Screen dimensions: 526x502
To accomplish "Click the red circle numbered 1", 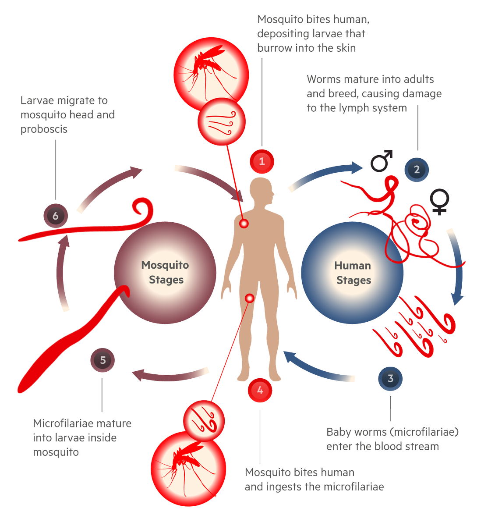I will click(x=262, y=161).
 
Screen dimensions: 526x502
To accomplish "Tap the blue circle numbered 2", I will click(x=417, y=170).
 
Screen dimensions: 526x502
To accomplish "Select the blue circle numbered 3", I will click(x=390, y=379).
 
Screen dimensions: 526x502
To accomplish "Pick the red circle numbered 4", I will click(x=260, y=390).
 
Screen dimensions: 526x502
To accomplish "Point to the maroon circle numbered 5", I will click(x=103, y=360).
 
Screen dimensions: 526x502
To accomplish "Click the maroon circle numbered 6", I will click(x=56, y=216).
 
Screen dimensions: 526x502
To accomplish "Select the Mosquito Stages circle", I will click(x=165, y=272).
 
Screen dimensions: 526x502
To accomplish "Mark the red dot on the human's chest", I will click(x=244, y=224).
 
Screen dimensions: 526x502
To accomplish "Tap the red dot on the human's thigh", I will click(x=250, y=299).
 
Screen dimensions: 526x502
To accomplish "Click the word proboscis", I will click(x=44, y=129).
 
